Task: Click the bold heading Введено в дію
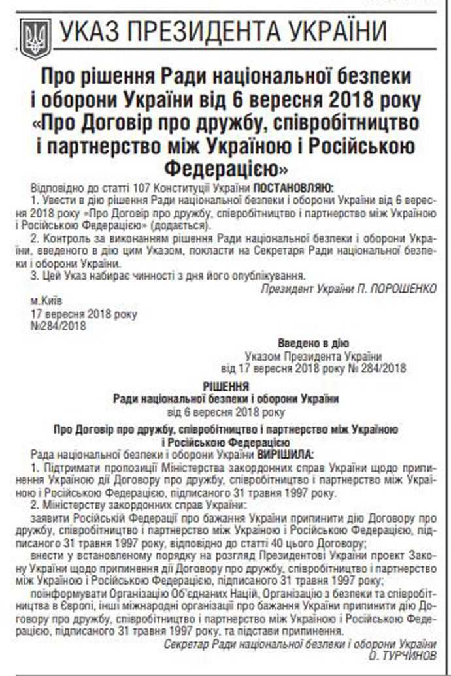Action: point(313,344)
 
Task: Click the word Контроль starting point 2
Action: point(65,239)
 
